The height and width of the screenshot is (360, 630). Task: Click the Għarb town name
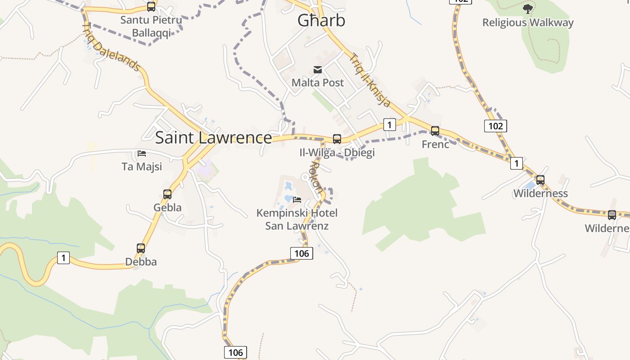point(321,20)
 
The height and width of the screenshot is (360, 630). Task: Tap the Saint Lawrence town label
point(213,138)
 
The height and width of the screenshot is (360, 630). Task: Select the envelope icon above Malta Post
point(318,69)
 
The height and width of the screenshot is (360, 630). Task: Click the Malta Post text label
point(318,83)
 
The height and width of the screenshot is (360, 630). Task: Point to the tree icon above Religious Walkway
point(527,9)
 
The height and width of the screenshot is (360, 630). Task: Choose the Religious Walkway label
point(528,22)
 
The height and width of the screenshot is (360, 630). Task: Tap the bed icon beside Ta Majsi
point(142,153)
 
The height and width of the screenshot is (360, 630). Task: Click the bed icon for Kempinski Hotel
point(297,199)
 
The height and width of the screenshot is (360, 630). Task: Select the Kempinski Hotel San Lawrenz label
point(297,219)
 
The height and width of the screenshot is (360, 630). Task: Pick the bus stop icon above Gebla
point(167,194)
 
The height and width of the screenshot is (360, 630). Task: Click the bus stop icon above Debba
point(141,248)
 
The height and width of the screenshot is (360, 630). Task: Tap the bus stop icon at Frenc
point(435,131)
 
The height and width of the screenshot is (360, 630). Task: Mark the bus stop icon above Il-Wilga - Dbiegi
point(337,139)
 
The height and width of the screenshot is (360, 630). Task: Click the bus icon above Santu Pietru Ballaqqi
point(151,7)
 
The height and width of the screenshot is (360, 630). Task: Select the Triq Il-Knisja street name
point(370,81)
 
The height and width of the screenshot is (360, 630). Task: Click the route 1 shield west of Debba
point(63,258)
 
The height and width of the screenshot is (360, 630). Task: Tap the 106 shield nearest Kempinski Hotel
point(301,253)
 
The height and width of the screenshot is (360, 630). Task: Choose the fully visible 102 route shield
point(495,126)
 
